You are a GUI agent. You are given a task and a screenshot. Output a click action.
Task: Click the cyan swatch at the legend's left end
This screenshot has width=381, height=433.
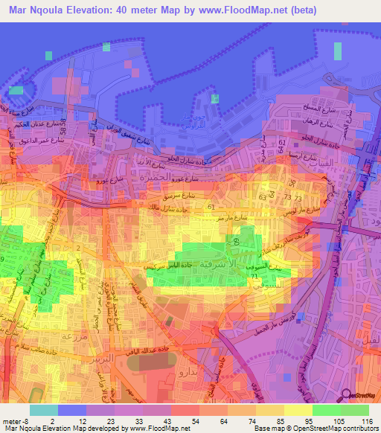coord(43,409)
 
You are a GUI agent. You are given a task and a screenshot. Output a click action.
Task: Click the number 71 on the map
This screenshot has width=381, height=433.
coord(254,277)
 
